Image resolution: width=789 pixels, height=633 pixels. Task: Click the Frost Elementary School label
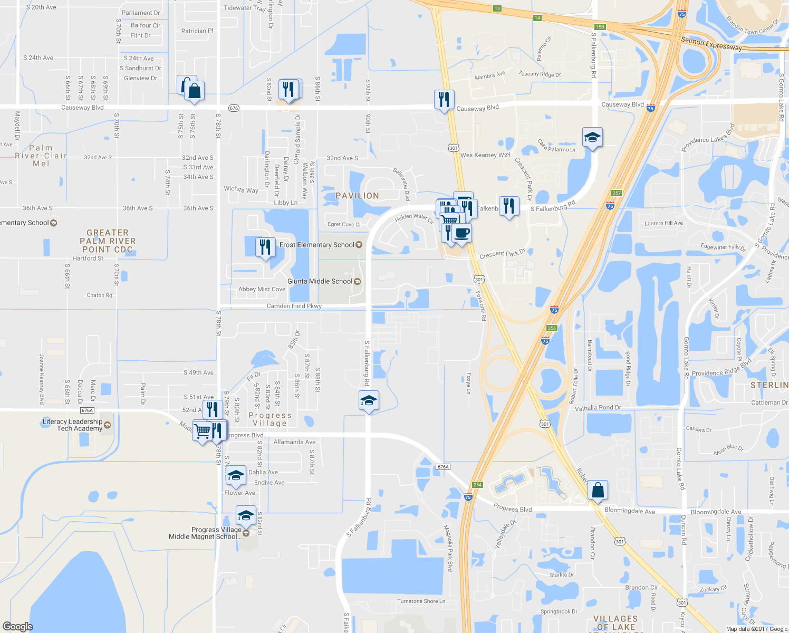click(317, 245)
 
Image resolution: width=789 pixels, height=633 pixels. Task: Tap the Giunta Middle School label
click(320, 281)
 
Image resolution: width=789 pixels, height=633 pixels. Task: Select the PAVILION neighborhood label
click(357, 196)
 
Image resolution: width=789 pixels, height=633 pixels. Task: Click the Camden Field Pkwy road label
click(294, 306)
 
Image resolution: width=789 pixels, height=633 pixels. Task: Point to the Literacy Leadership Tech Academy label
click(72, 425)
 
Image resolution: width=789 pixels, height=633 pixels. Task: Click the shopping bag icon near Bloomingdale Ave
click(598, 490)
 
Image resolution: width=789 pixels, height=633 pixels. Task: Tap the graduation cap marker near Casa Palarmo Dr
click(592, 138)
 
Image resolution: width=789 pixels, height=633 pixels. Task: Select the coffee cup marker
click(461, 233)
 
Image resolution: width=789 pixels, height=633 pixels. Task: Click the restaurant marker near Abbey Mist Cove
click(265, 247)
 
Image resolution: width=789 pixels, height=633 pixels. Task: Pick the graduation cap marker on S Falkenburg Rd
click(369, 401)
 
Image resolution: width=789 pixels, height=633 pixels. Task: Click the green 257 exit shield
click(617, 193)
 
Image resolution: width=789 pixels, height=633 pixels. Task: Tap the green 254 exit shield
click(477, 485)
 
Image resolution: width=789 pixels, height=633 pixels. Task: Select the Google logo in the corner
click(17, 626)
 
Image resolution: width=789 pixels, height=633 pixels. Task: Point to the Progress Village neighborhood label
click(270, 419)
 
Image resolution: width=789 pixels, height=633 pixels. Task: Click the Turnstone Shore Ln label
click(421, 601)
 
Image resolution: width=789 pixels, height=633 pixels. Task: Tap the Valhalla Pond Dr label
click(598, 408)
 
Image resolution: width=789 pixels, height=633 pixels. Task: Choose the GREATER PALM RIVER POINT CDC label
click(108, 241)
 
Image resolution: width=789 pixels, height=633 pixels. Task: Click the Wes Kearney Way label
click(485, 155)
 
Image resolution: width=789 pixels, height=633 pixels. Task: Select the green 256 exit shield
click(552, 328)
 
